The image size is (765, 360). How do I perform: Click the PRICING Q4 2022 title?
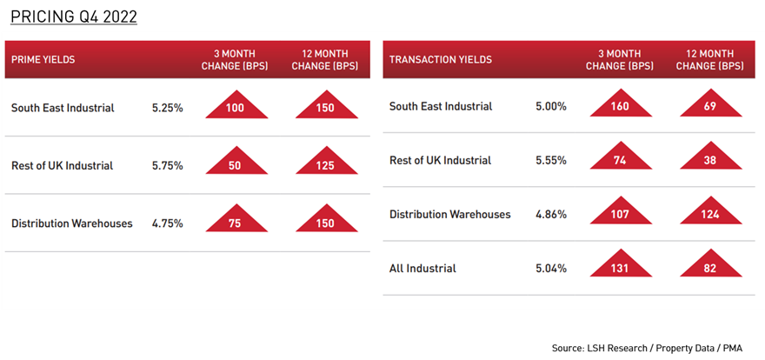[x=74, y=17]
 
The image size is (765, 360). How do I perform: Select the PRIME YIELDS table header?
[x=43, y=60]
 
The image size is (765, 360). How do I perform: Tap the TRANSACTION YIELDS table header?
[x=440, y=60]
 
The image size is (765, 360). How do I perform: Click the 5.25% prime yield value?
[x=167, y=108]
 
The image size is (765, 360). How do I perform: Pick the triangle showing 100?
[x=236, y=106]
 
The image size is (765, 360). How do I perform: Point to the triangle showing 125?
[x=326, y=162]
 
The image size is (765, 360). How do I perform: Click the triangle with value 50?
[x=236, y=162]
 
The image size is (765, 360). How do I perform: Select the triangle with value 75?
[x=236, y=219]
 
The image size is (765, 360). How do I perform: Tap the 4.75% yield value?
[x=167, y=223]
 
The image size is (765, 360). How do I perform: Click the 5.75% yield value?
[x=167, y=166]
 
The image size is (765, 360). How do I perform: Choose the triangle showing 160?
[x=621, y=104]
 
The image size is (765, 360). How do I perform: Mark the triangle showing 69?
[x=711, y=104]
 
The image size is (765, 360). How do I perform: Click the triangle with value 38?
[x=711, y=157]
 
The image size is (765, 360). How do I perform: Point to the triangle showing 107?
[x=621, y=211]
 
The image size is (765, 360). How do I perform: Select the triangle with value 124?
[x=711, y=211]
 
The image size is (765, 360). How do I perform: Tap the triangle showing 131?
[x=621, y=265]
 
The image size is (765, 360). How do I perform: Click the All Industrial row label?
[x=422, y=269]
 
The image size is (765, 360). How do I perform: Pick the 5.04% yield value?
[x=551, y=269]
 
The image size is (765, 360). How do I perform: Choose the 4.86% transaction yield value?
[x=551, y=214]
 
